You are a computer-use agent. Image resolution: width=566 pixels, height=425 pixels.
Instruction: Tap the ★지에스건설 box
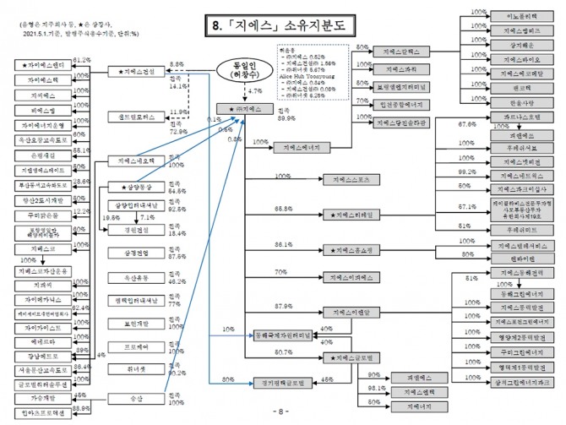[x=137, y=71]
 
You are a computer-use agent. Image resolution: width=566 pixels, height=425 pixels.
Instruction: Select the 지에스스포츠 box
[x=350, y=180]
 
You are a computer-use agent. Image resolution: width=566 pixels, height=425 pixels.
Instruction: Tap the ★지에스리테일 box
[x=350, y=216]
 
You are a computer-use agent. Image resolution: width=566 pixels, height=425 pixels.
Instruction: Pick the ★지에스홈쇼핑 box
[x=350, y=251]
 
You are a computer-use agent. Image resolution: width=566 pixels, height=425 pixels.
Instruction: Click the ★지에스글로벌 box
[x=350, y=357]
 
